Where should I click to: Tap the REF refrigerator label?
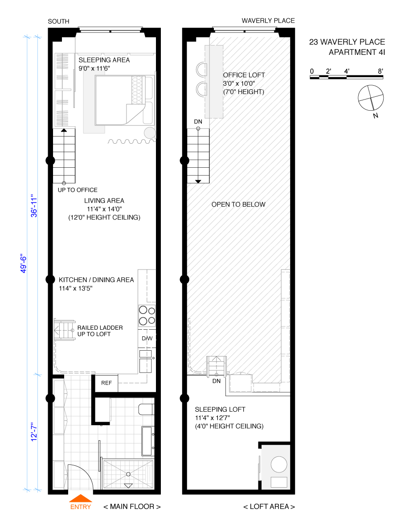pos(106,383)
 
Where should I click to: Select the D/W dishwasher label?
pos(147,339)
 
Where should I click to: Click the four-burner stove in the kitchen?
pos(147,316)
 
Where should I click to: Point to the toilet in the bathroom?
pos(147,410)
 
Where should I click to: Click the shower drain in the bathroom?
pos(128,474)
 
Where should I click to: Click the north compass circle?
pos(371,98)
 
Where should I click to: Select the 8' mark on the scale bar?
pos(381,71)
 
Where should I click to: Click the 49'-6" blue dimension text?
pos(24,264)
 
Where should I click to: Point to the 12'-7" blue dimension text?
pos(34,432)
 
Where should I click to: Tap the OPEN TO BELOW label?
pos(238,204)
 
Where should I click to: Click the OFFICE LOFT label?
pos(244,75)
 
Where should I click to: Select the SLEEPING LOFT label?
pos(220,410)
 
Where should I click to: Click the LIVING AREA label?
pos(104,201)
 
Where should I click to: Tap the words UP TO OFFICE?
pos(78,190)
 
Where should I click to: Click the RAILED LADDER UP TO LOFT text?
pos(100,331)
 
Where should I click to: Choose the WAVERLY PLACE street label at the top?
pos(268,21)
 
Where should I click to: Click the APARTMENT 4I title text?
pos(357,52)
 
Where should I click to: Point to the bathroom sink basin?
pos(147,442)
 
